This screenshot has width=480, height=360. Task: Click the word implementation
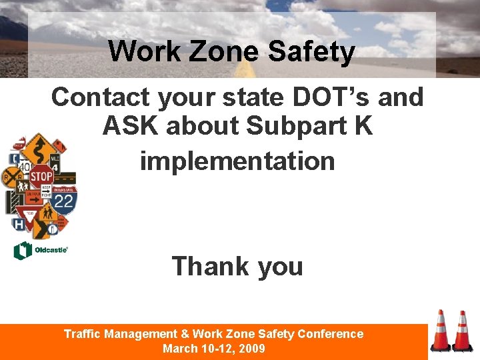[237, 161]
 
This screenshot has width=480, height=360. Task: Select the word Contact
[101, 97]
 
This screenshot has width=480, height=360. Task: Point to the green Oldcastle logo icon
[22, 251]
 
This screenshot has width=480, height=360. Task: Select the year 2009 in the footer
[253, 349]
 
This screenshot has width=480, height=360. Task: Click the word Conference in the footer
[331, 334]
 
